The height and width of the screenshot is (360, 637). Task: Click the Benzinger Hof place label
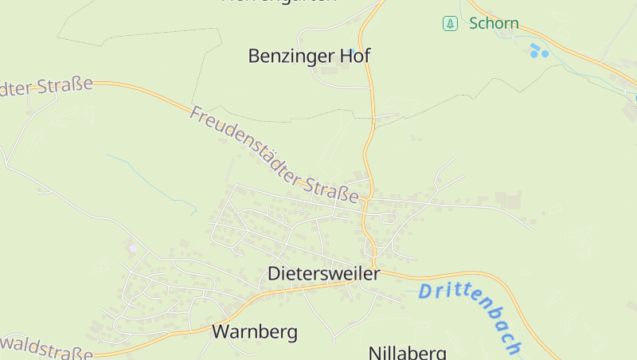pyautogui.click(x=309, y=56)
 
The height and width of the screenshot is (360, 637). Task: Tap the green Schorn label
pyautogui.click(x=494, y=23)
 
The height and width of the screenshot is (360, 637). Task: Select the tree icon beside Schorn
pyautogui.click(x=451, y=23)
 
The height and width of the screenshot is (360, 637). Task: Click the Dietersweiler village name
pyautogui.click(x=324, y=273)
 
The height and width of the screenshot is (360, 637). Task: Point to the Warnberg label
pyautogui.click(x=254, y=331)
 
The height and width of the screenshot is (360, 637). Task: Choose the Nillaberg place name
pyautogui.click(x=407, y=352)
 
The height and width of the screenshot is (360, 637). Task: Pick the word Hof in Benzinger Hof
pyautogui.click(x=355, y=56)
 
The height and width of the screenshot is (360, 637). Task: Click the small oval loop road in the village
pyautogui.click(x=388, y=218)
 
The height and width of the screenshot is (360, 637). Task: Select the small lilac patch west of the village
pyautogui.click(x=132, y=248)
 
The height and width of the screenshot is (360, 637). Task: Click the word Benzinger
pyautogui.click(x=291, y=56)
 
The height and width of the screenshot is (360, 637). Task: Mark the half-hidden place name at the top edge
pyautogui.click(x=279, y=2)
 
